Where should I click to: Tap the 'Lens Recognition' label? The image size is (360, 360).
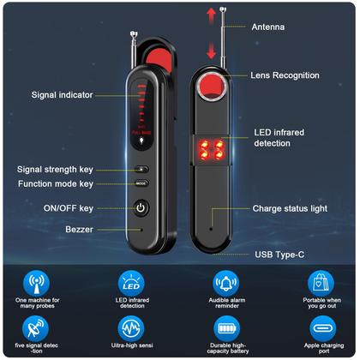click(x=285, y=75)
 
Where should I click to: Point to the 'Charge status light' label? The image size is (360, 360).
click(x=290, y=208)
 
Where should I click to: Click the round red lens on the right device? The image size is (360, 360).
click(x=209, y=87)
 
